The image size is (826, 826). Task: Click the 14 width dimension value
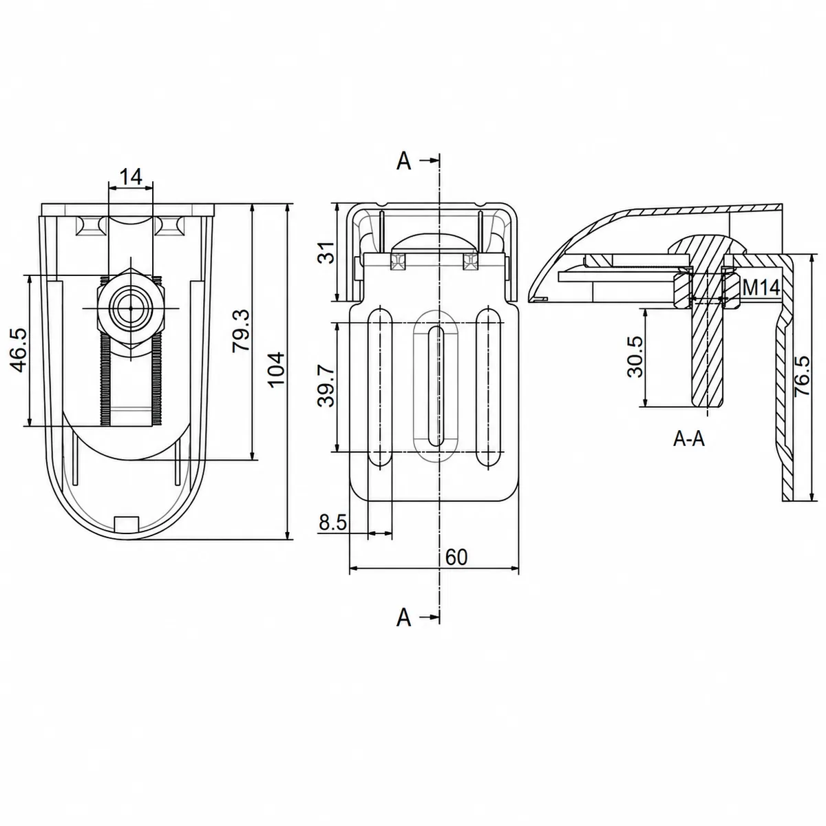131,177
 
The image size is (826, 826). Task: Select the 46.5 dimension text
19,350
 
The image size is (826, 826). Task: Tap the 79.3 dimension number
242,330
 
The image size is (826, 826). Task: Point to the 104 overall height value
277,370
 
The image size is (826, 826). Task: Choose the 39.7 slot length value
327,385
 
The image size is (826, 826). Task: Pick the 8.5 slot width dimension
332,522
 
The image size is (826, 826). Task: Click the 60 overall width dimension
456,558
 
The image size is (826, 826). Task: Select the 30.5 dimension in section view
635,357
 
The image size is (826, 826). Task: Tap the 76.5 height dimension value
803,376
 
